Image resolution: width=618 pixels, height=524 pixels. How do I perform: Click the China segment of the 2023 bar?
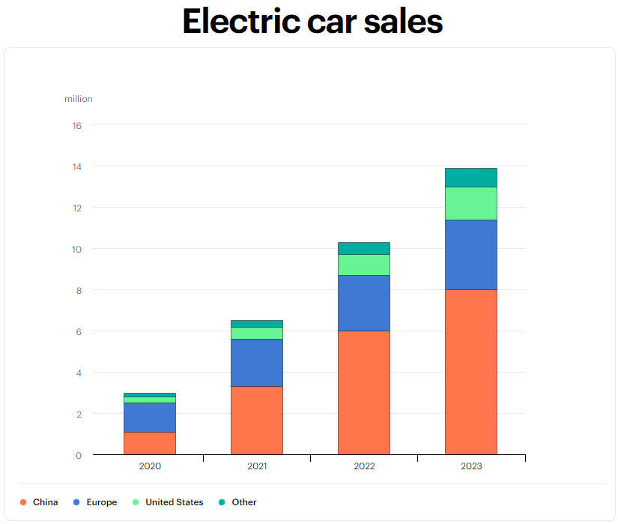471,372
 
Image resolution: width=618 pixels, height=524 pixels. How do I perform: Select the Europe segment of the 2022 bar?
364,303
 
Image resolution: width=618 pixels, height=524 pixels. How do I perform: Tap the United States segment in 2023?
471,203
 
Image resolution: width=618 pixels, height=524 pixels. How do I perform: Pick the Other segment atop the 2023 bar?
471,178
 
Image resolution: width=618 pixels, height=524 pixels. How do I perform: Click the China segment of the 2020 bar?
150,443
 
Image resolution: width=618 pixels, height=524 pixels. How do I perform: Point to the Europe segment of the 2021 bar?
257,362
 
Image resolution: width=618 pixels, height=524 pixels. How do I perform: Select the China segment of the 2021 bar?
257,420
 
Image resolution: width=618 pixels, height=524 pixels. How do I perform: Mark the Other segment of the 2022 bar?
364,248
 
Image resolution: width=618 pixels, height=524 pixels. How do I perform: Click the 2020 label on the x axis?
150,466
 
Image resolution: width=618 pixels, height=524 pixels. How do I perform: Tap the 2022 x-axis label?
364,466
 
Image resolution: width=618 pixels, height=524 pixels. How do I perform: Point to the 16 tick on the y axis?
76,125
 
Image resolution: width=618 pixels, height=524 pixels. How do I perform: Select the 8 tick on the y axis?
77,290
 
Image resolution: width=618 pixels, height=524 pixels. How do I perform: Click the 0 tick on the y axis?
77,455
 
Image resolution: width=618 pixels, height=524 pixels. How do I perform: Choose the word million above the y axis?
79,99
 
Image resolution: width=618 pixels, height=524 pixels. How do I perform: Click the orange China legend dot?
23,502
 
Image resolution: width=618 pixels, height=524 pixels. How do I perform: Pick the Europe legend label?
102,502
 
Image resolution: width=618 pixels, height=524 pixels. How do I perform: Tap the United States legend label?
174,502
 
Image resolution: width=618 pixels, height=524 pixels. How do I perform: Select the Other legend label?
244,502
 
